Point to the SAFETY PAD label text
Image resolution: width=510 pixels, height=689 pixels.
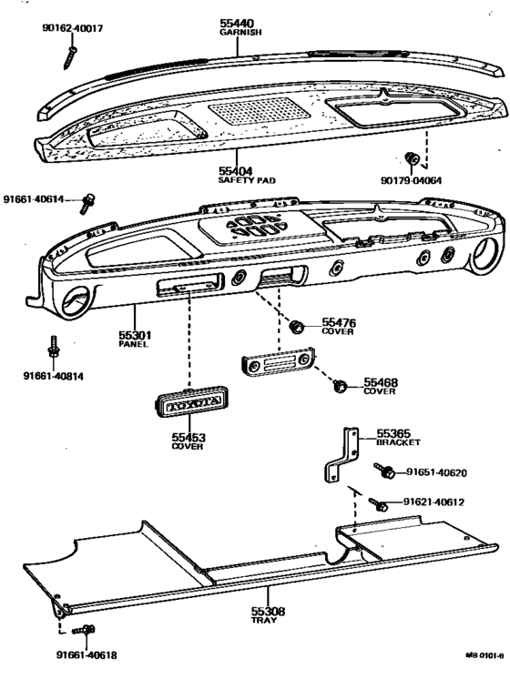[x=247, y=180]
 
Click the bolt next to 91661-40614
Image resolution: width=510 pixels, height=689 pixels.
[x=88, y=200]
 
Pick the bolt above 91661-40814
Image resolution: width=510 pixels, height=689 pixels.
[x=54, y=349]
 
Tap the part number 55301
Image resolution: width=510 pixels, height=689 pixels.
[x=135, y=336]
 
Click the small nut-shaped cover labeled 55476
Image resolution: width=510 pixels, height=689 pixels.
[x=296, y=325]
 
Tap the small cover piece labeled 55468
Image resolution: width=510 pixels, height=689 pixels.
[x=340, y=386]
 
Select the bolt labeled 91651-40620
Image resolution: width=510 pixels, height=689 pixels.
[x=384, y=471]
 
